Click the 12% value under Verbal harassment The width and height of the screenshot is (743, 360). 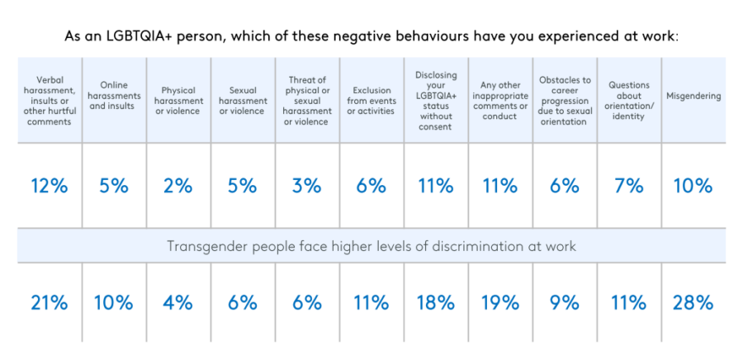coord(49,187)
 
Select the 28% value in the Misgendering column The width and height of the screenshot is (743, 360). coord(693,303)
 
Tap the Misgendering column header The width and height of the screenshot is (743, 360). coord(693,96)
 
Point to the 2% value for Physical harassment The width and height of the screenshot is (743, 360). coord(177,187)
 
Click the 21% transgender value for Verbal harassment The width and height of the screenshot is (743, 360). coord(49,303)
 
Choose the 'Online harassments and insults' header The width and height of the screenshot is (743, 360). coord(113,96)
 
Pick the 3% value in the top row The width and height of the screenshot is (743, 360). coord(306,187)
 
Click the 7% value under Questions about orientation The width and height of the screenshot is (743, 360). coord(629,187)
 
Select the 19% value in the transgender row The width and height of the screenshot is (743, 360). coord(499,303)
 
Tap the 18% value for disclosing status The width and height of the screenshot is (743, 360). coord(435,303)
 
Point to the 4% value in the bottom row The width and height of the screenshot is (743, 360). coord(177,303)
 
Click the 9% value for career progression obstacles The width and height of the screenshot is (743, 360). coord(565,303)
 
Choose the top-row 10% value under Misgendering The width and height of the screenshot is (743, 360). coord(693,187)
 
